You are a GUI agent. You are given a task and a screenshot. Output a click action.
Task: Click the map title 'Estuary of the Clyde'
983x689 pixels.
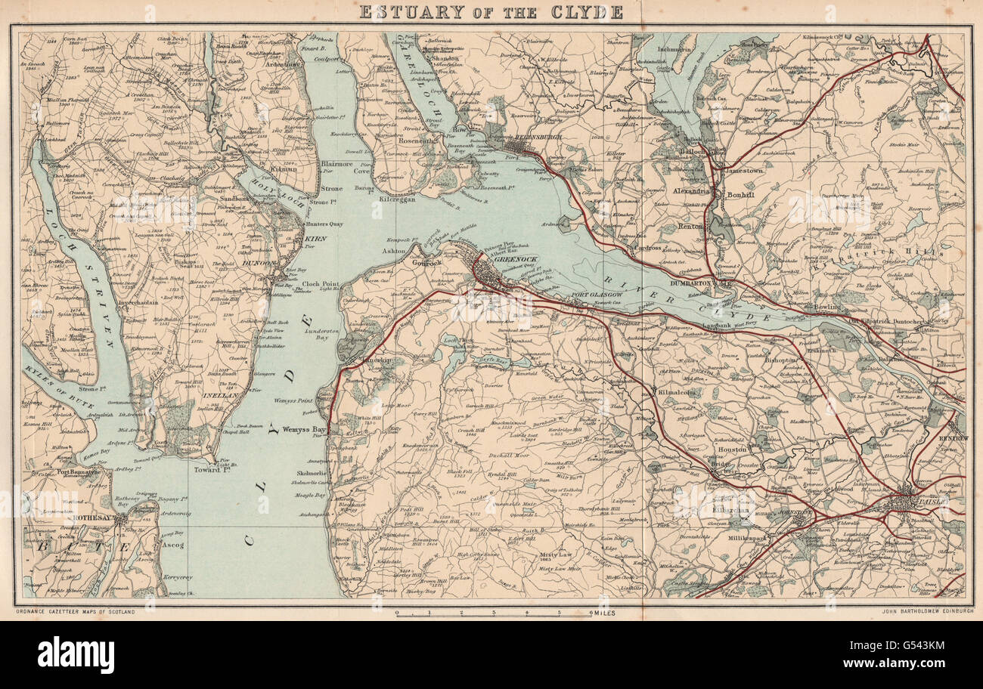pyautogui.click(x=491, y=12)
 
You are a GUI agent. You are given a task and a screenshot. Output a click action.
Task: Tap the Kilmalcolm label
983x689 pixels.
pyautogui.click(x=678, y=393)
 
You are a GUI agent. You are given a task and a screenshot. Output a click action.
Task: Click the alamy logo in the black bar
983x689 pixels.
pyautogui.click(x=76, y=654)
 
